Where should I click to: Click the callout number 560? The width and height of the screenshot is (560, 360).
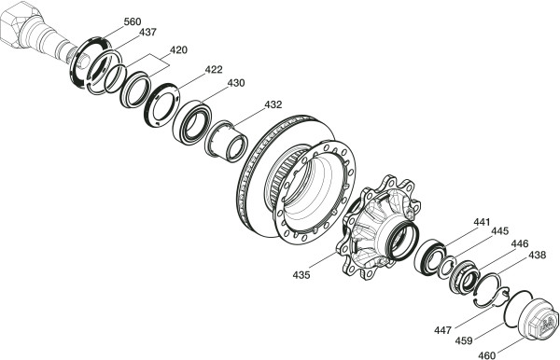133,21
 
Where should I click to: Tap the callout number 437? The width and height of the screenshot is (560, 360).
147,32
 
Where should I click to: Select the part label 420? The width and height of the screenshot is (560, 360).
178,50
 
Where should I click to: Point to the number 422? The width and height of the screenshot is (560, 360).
214,69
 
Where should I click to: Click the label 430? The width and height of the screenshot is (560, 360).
236,83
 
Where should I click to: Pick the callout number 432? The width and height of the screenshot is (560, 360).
273,104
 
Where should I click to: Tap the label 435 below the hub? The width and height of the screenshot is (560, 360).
301,275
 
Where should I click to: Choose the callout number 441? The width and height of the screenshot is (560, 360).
483,222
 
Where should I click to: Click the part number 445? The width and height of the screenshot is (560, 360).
499,231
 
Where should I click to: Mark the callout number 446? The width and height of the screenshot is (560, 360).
520,244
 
